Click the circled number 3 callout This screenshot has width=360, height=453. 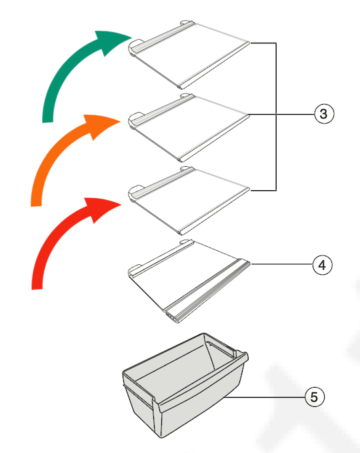click(x=324, y=113)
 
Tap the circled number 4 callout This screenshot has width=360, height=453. click(x=323, y=265)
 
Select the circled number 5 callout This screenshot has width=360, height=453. click(x=315, y=397)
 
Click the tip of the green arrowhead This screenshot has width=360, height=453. click(x=132, y=37)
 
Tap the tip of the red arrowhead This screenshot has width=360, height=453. click(x=121, y=205)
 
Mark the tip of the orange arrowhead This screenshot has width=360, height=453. click(x=121, y=121)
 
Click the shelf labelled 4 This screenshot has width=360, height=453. click(x=189, y=280)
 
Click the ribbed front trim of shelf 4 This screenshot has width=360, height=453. click(x=207, y=290)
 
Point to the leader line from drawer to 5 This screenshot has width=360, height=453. click(x=265, y=397)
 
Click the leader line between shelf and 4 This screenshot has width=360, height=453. click(x=282, y=264)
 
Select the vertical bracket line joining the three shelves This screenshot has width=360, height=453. click(x=276, y=117)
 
